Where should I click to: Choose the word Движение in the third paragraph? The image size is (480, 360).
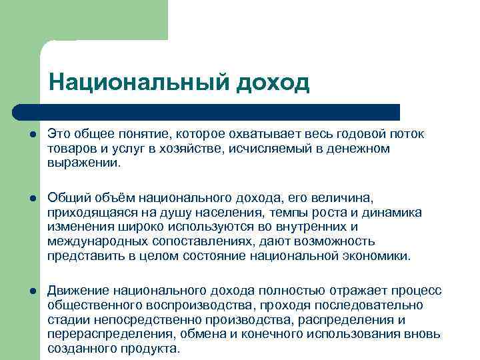[x=78, y=291]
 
